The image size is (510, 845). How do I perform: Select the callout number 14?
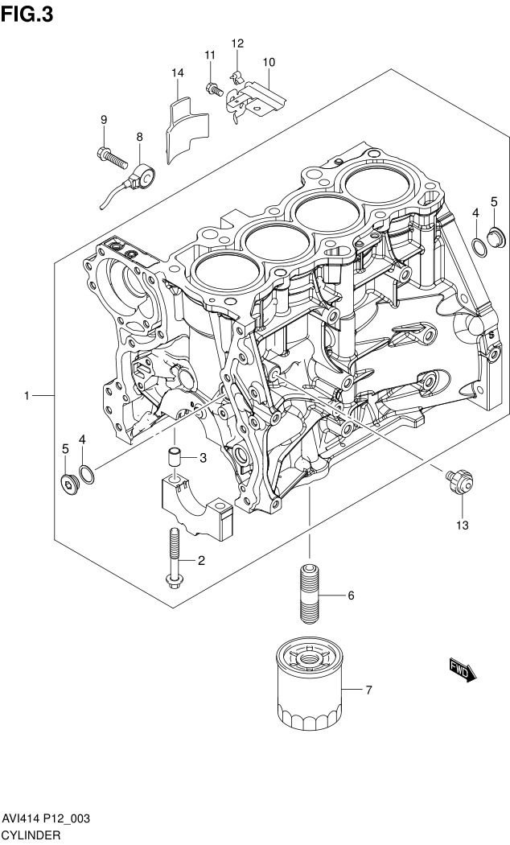178,73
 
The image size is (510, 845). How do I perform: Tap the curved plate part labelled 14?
187,130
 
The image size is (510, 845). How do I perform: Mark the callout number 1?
27,396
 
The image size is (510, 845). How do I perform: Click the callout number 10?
269,62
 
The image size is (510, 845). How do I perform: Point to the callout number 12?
237,43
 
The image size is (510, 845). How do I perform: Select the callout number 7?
368,690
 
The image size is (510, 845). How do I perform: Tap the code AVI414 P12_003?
45,818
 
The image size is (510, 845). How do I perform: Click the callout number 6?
351,596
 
